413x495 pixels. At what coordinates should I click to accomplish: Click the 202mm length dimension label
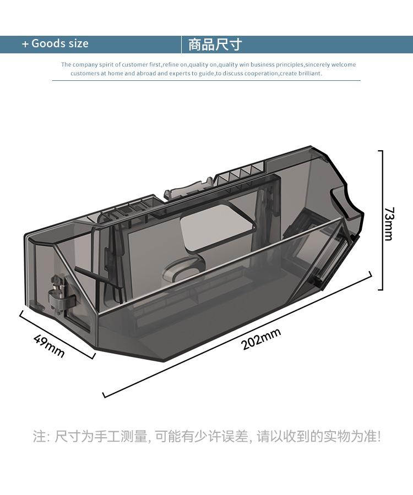click(x=261, y=339)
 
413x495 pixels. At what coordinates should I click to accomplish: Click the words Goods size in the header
click(x=59, y=43)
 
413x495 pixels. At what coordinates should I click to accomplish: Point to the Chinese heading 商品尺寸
click(x=215, y=45)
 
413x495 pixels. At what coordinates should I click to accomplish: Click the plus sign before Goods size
click(x=25, y=44)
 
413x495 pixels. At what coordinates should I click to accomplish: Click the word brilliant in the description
click(x=309, y=73)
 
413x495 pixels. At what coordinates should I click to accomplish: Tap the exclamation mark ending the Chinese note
click(x=379, y=436)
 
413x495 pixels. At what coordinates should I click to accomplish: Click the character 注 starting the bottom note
click(x=39, y=436)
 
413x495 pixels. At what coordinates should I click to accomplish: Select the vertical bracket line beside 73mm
click(x=382, y=220)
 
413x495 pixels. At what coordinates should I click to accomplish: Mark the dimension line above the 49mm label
click(x=57, y=334)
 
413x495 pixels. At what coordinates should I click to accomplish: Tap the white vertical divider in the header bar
click(x=181, y=45)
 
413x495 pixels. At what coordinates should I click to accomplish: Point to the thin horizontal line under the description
click(x=206, y=80)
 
